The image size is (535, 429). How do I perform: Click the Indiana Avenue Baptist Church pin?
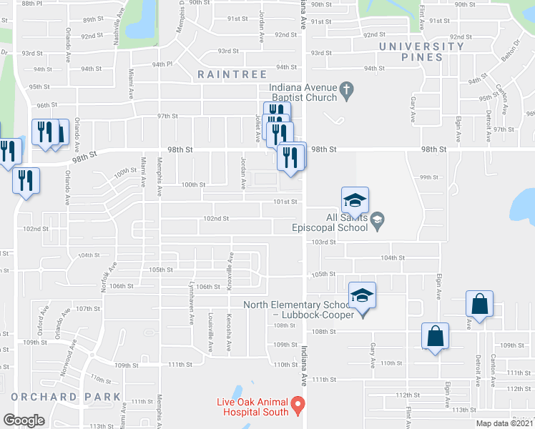[346, 89]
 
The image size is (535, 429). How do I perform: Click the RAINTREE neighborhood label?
[232, 74]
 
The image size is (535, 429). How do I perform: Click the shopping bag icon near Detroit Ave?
[479, 304]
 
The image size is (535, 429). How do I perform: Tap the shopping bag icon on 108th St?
[435, 336]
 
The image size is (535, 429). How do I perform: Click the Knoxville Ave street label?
[230, 269]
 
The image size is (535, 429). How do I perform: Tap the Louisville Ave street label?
[210, 334]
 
